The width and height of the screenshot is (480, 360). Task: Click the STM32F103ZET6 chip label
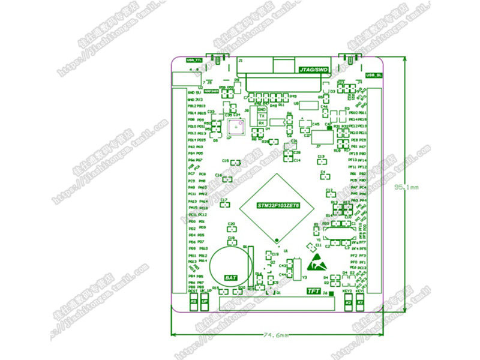pyautogui.click(x=278, y=205)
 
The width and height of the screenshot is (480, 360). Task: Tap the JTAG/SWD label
pyautogui.click(x=314, y=70)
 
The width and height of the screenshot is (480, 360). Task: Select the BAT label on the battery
pyautogui.click(x=230, y=278)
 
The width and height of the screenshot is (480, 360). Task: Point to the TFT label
pyautogui.click(x=313, y=292)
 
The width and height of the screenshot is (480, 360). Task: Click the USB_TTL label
pyautogui.click(x=194, y=61)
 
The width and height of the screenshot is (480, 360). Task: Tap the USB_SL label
pyautogui.click(x=374, y=76)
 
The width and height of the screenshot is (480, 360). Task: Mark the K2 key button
pyautogui.click(x=348, y=303)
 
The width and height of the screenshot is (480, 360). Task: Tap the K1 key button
pyautogui.click(x=360, y=303)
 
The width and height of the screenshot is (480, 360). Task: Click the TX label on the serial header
pyautogui.click(x=262, y=116)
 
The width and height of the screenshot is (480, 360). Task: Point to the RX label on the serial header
pyautogui.click(x=262, y=123)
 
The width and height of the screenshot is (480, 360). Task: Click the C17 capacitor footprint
pyautogui.click(x=224, y=204)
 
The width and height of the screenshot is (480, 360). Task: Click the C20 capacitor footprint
pyautogui.click(x=232, y=229)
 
